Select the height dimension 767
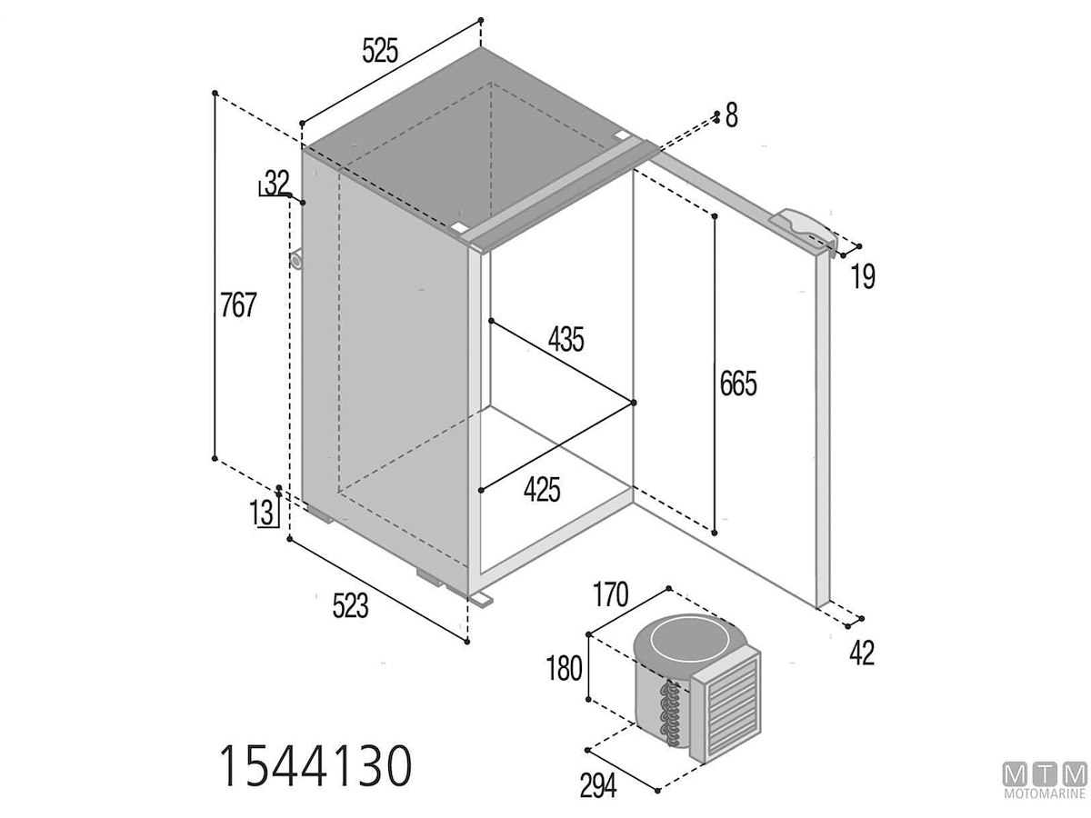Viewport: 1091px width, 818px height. pyautogui.click(x=238, y=304)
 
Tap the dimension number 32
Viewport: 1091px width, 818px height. pyautogui.click(x=276, y=183)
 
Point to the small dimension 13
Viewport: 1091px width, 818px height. pyautogui.click(x=262, y=513)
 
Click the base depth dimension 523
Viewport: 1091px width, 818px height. pyautogui.click(x=350, y=606)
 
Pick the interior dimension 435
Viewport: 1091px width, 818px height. pyautogui.click(x=566, y=340)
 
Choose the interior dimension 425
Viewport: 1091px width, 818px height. pyautogui.click(x=542, y=489)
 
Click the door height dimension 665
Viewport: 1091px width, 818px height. pyautogui.click(x=738, y=384)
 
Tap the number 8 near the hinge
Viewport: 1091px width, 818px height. pyautogui.click(x=732, y=115)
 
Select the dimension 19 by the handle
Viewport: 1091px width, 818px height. pyautogui.click(x=864, y=276)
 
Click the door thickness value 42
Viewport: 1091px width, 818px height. pyautogui.click(x=862, y=653)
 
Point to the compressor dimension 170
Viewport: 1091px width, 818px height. pyautogui.click(x=610, y=595)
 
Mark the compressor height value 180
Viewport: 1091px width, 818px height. pyautogui.click(x=565, y=668)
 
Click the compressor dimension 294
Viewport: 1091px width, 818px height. pyautogui.click(x=598, y=785)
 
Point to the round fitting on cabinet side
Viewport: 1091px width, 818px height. pyautogui.click(x=296, y=259)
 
